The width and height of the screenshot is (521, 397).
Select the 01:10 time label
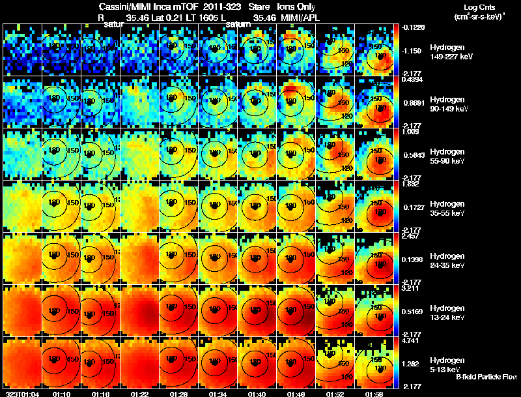click(x=62, y=394)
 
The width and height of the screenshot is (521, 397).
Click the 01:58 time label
click(x=374, y=394)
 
